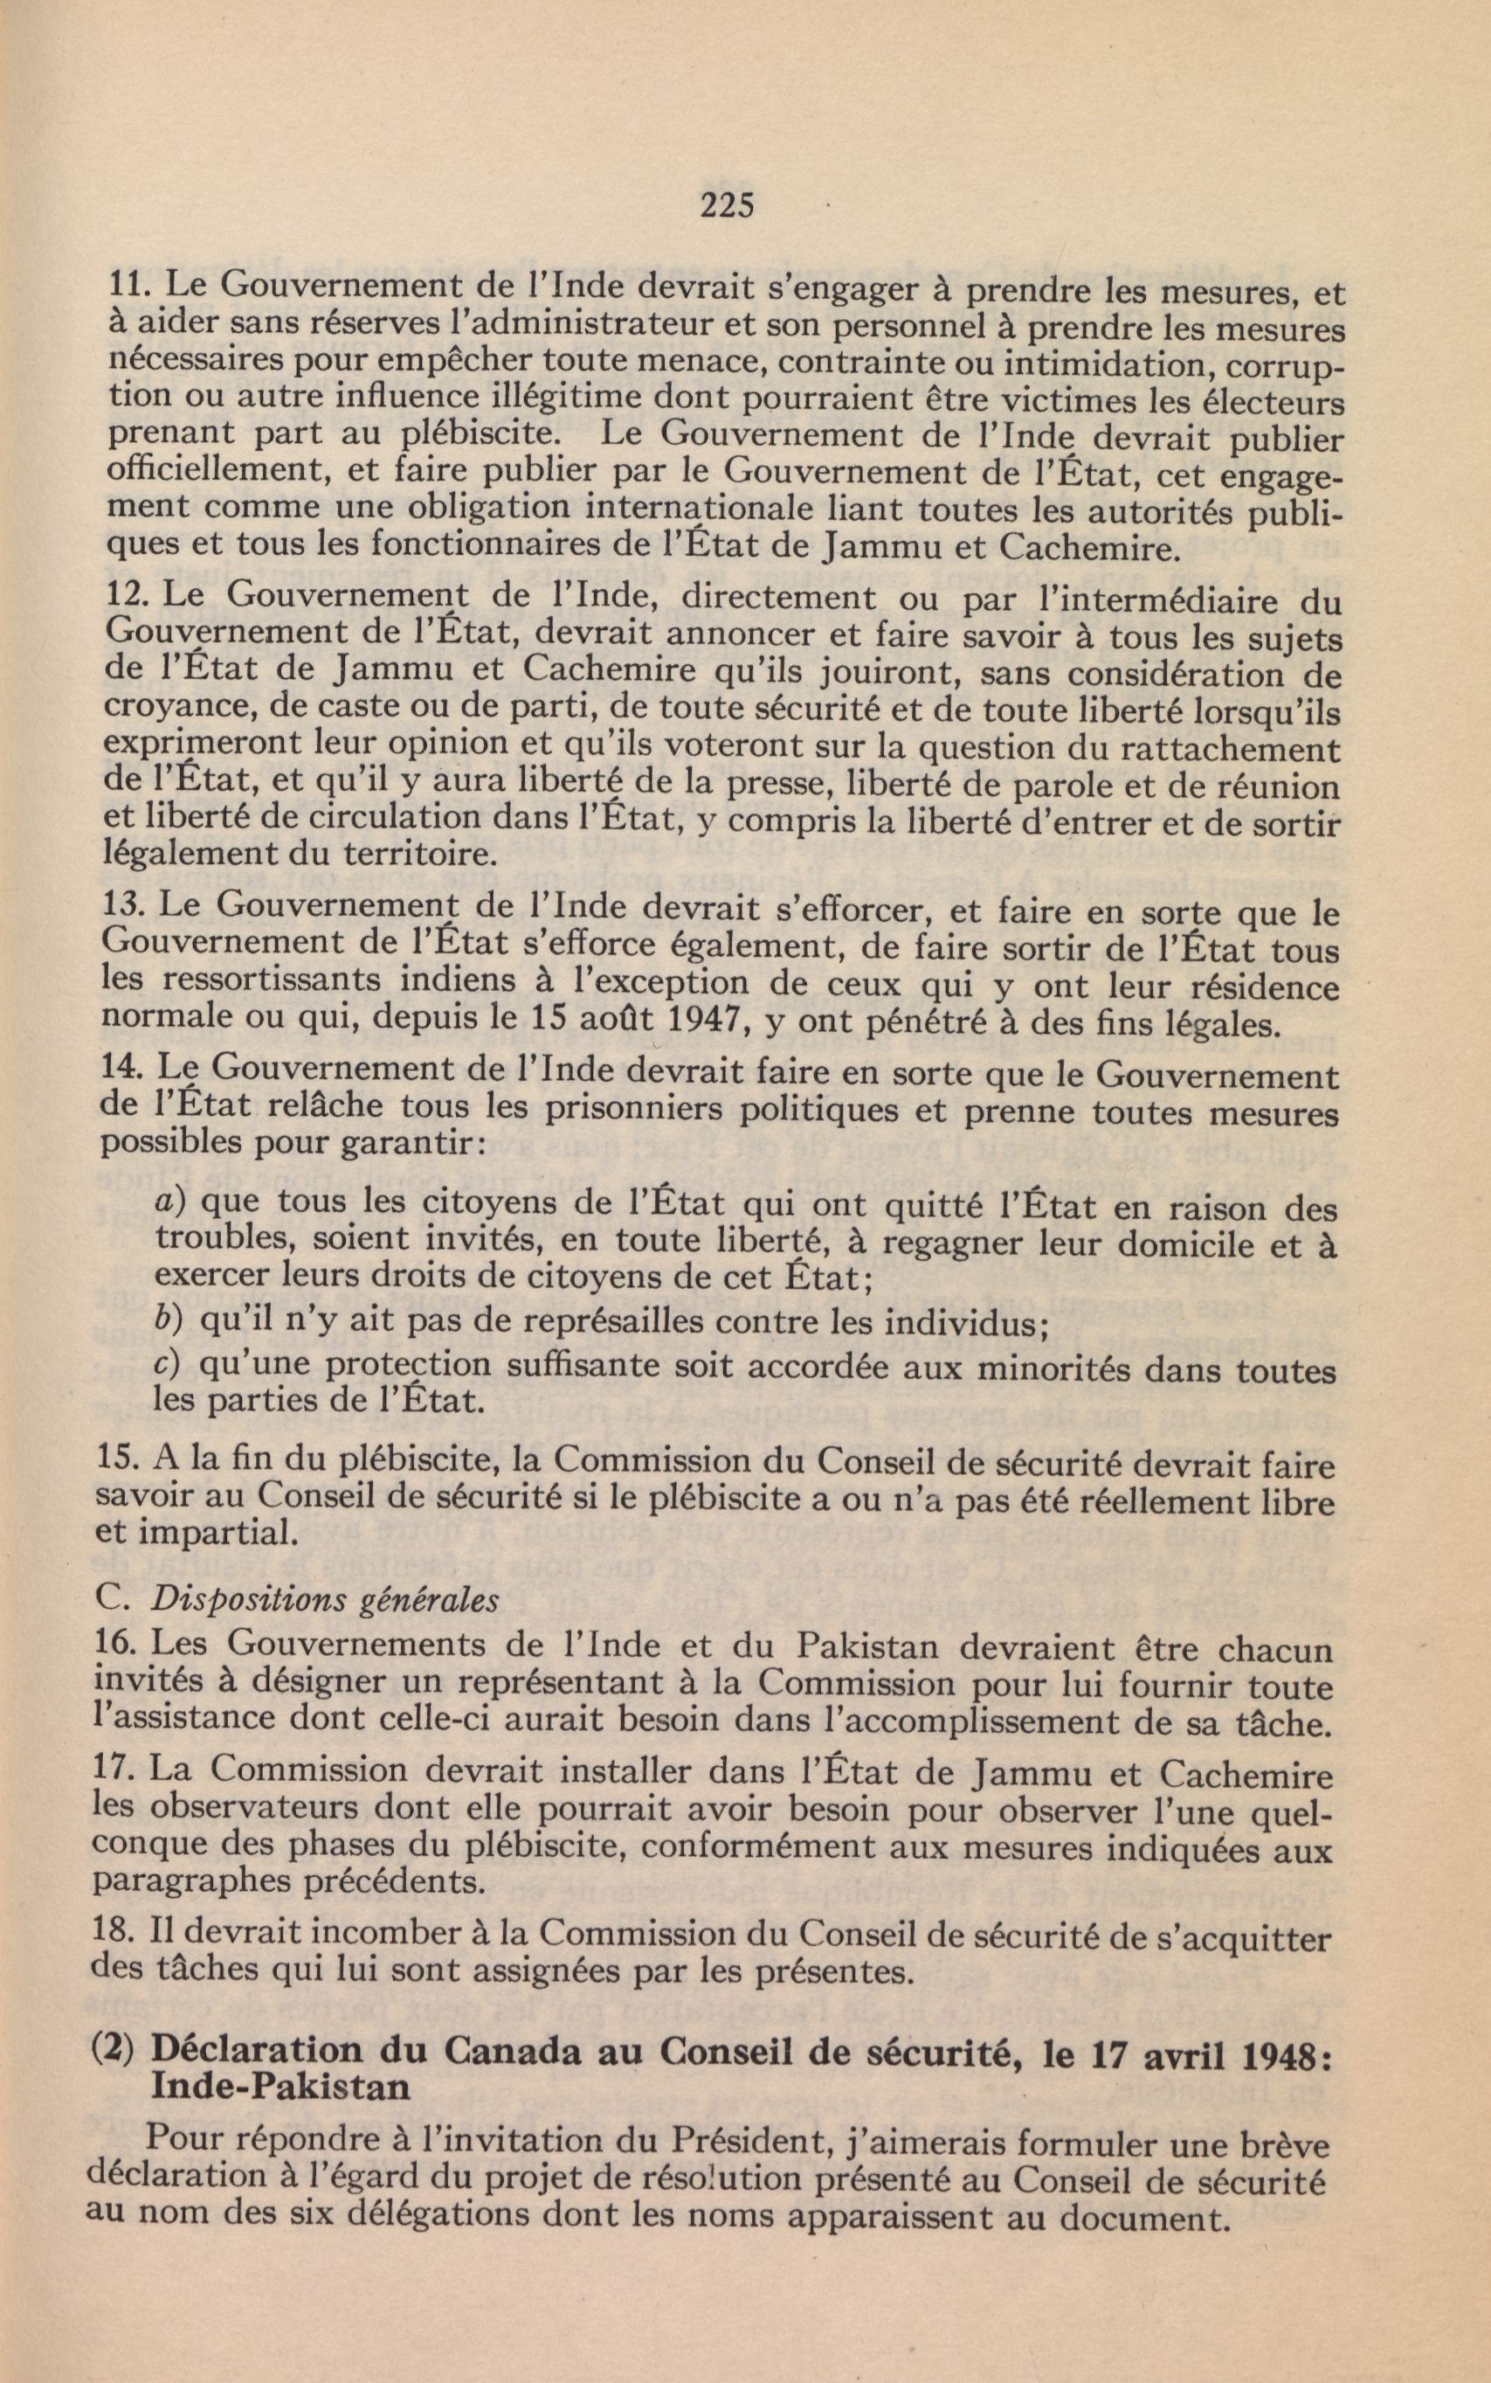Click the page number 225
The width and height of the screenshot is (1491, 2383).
tap(727, 205)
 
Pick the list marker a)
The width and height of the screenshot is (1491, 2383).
tap(173, 1205)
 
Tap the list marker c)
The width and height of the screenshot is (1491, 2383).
tap(170, 1366)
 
